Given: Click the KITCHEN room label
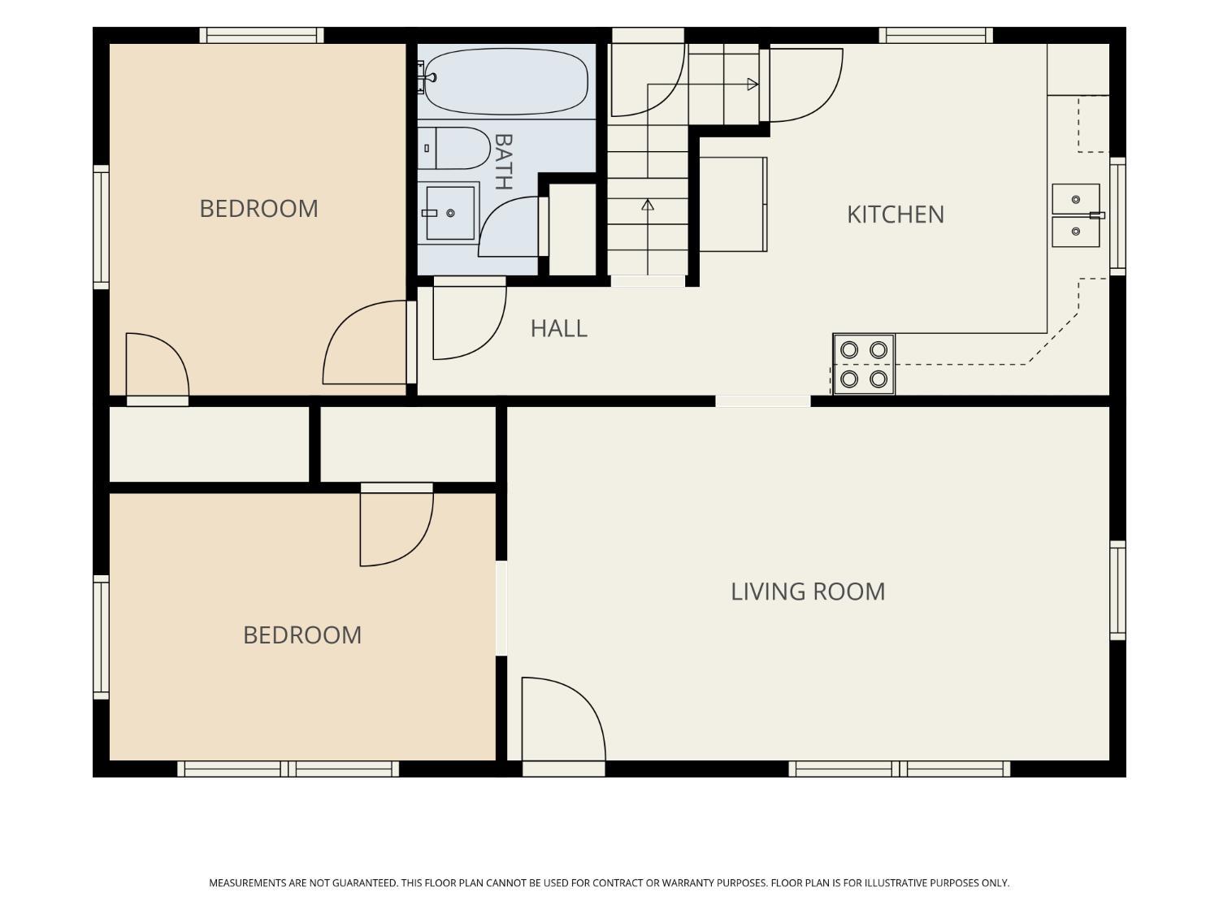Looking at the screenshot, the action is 895,214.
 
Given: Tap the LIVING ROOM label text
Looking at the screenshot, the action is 808,591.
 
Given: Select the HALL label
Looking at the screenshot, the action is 558,328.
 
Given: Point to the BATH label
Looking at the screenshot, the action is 502,162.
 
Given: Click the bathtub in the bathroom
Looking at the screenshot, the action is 505,81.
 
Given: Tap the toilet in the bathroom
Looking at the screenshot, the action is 453,148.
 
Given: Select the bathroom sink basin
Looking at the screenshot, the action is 450,213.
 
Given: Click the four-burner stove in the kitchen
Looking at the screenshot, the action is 864,364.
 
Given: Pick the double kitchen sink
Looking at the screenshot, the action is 1076,215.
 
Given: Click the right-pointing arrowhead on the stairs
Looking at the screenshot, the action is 753,84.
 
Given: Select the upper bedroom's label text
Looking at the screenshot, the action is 258,210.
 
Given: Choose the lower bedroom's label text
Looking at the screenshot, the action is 302,635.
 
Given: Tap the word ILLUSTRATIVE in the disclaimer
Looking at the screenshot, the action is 888,883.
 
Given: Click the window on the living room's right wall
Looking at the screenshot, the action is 1118,591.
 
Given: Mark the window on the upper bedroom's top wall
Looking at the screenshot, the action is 262,36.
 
